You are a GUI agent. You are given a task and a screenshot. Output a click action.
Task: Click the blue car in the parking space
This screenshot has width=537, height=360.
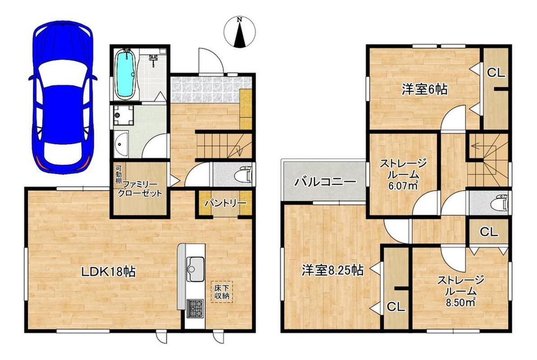[63, 95]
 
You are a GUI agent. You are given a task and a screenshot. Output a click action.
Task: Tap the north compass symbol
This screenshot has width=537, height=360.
[239, 31]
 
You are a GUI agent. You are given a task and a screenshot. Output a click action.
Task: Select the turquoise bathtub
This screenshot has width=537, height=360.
[125, 74]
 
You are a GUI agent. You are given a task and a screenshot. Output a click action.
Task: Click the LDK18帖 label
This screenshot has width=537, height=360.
[108, 272]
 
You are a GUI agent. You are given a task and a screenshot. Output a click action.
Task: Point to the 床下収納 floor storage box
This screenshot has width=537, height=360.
[221, 292]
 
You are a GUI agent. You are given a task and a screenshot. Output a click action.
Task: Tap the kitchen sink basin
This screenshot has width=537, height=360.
[195, 264]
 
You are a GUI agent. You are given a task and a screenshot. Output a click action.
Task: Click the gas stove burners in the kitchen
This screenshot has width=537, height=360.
[195, 308]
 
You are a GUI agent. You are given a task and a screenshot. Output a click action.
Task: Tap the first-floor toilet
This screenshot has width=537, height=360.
[244, 174]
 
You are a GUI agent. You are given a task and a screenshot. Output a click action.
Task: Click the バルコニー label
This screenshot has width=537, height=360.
[326, 181]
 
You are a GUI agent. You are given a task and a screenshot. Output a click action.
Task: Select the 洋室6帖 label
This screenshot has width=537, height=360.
[424, 90]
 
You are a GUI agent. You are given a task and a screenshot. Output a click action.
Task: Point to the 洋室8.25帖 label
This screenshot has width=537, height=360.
[333, 271]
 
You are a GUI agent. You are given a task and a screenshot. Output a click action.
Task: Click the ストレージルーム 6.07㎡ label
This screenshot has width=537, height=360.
[403, 174]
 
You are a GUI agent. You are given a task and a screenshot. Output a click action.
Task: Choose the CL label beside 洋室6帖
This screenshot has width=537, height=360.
[496, 72]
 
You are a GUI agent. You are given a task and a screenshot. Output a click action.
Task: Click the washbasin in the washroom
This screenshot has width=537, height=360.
[121, 144]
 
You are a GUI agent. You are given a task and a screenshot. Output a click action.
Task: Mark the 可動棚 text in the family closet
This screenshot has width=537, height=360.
[118, 175]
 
